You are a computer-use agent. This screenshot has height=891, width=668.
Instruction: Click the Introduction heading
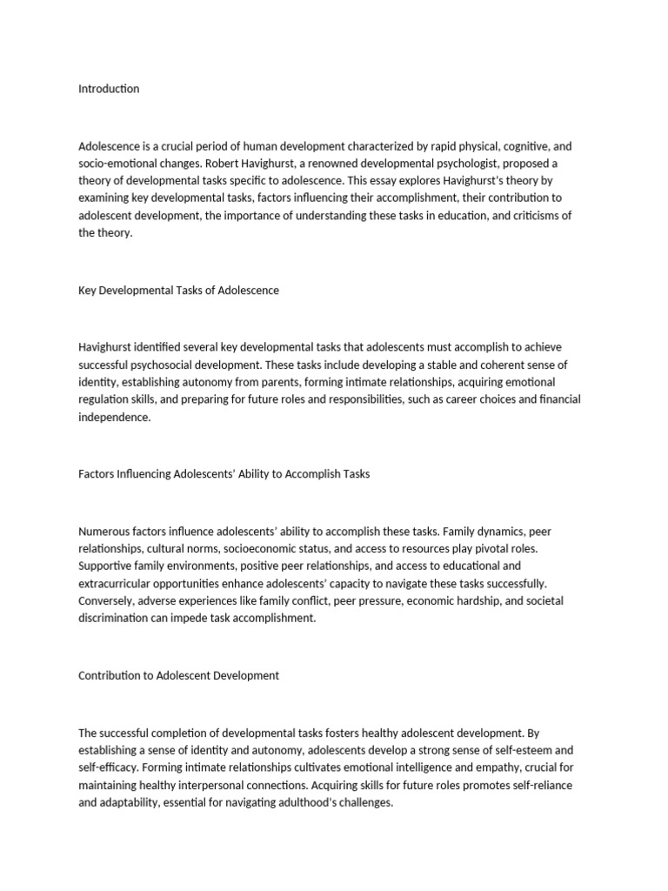coord(109,89)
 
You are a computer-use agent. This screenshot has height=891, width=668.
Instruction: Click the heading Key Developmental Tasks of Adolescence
coord(178,291)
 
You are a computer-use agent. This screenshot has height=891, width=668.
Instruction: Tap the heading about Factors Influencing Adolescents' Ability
coord(224,474)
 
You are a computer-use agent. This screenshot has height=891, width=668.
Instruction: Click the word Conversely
coord(106,601)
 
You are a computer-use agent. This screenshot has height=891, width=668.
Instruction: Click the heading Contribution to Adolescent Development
coord(178,676)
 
